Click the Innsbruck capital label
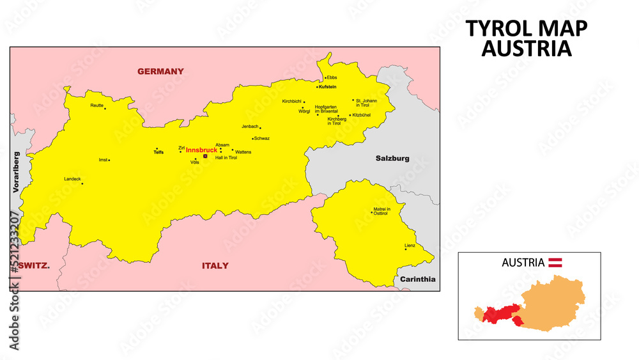[201, 150]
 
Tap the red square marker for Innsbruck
[205, 156]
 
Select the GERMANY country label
[160, 72]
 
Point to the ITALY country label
[215, 265]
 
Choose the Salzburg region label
[392, 158]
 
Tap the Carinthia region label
[418, 279]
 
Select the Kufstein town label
[328, 86]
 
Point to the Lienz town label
[410, 246]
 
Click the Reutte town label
[96, 105]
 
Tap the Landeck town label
[72, 179]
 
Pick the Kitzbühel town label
[362, 115]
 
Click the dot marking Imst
[109, 160]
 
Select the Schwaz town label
[262, 138]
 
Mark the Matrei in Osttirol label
[381, 212]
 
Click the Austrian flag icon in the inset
[556, 262]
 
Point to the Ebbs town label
[332, 78]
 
